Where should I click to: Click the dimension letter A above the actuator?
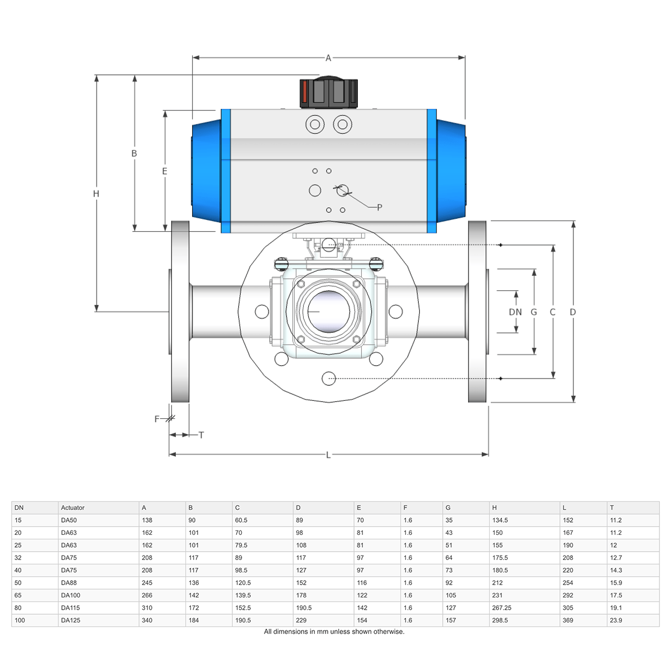328,58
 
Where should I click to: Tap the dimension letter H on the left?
96,194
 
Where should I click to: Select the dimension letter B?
134,153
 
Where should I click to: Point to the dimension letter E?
165,171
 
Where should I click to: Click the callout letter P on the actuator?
380,207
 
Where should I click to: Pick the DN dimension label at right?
515,312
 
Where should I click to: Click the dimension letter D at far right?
573,312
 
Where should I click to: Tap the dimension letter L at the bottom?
328,455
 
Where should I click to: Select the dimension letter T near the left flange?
201,435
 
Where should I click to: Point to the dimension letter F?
157,419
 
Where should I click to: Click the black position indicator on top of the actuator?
328,93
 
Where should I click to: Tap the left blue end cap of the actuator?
206,171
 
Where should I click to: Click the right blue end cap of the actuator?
451,171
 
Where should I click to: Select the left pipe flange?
180,312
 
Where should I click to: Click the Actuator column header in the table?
73,508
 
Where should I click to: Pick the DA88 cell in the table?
69,583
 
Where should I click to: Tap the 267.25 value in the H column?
501,608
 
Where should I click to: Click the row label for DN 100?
20,620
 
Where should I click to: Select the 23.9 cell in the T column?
616,620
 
